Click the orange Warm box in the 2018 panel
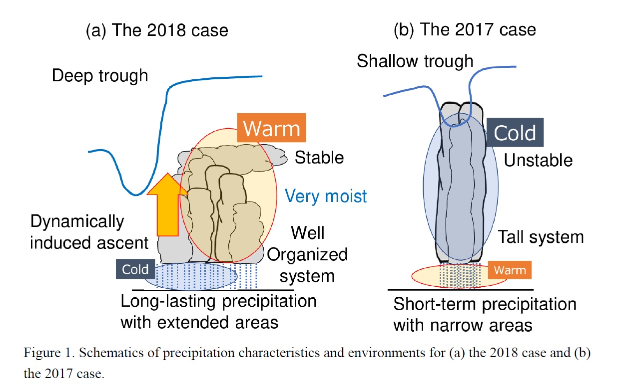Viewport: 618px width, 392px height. click(x=271, y=128)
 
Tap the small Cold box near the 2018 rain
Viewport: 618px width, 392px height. click(x=135, y=269)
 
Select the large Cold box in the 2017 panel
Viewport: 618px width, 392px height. click(x=515, y=132)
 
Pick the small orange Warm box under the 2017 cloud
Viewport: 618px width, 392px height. click(x=510, y=270)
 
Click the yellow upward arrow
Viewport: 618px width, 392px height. click(x=167, y=205)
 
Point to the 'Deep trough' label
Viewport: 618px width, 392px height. click(x=100, y=76)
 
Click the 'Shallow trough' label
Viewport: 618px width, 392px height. click(x=415, y=61)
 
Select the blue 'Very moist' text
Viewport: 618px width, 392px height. click(x=326, y=196)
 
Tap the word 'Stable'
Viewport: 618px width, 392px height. click(x=319, y=157)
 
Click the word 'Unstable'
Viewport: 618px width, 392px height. click(x=538, y=160)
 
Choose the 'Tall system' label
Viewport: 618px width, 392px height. click(x=541, y=237)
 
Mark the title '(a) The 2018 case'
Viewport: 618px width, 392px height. click(x=157, y=30)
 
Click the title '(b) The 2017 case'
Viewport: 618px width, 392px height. click(x=465, y=29)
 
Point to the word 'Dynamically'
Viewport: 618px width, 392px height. click(x=77, y=222)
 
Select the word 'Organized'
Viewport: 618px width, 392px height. click(x=307, y=255)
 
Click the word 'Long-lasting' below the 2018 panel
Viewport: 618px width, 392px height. click(x=168, y=301)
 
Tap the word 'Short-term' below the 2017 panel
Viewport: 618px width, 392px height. click(x=435, y=304)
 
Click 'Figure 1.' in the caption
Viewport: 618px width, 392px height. click(x=49, y=353)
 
